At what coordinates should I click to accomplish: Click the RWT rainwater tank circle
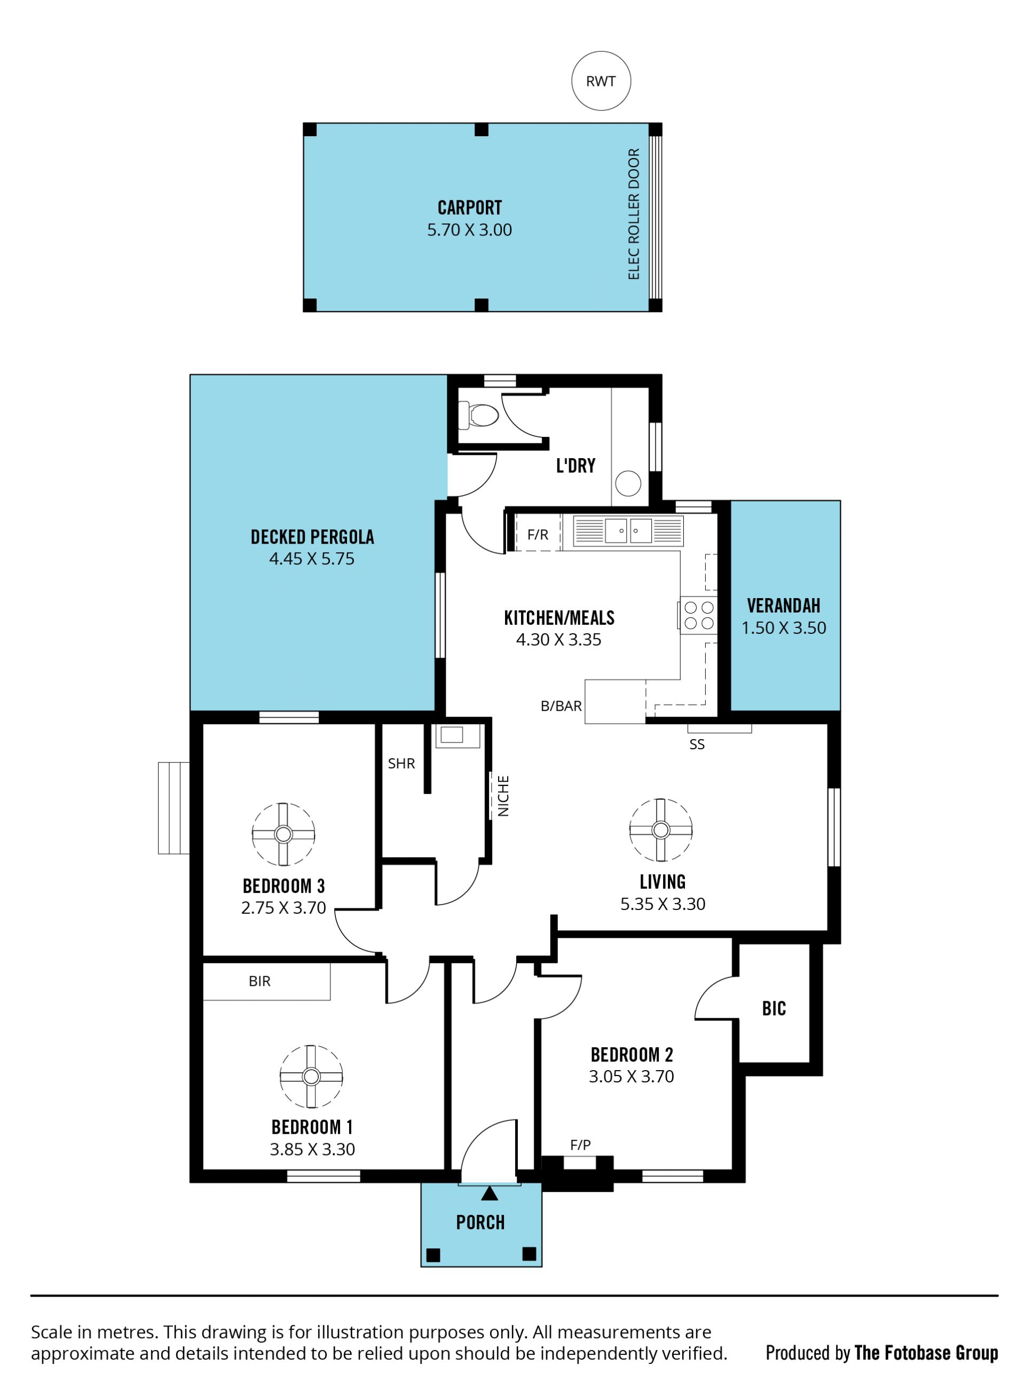[601, 81]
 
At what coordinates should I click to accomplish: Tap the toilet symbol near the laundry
[478, 415]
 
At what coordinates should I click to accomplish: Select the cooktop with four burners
[698, 615]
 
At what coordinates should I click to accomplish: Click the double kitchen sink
[628, 531]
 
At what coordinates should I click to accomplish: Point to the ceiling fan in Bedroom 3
[283, 834]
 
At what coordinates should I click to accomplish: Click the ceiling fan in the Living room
[661, 830]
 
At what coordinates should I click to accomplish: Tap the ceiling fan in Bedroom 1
[311, 1076]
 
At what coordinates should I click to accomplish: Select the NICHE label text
[503, 796]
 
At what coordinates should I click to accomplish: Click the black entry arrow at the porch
[490, 1193]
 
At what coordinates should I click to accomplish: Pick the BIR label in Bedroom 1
[259, 981]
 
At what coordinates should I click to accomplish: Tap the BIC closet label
[774, 1008]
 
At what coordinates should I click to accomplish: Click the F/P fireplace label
[580, 1145]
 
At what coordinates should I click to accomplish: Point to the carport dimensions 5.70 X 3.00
[469, 230]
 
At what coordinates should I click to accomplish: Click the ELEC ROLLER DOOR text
[634, 214]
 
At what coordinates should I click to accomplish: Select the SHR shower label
[401, 763]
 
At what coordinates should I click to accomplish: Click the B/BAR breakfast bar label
[561, 705]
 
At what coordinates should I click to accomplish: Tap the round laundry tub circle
[628, 483]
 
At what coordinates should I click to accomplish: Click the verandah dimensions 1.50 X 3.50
[784, 627]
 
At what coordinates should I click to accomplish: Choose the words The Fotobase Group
[926, 1353]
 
